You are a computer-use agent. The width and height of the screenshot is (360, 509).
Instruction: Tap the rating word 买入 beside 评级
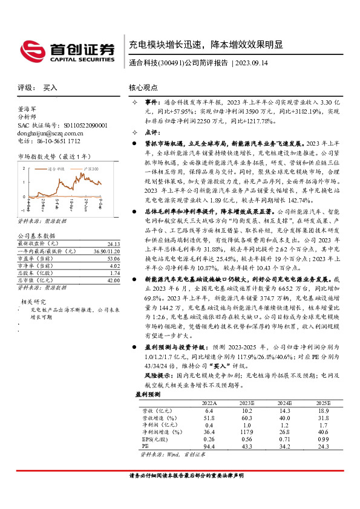(51, 88)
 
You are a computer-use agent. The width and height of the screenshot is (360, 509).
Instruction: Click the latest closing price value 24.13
(114, 244)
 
